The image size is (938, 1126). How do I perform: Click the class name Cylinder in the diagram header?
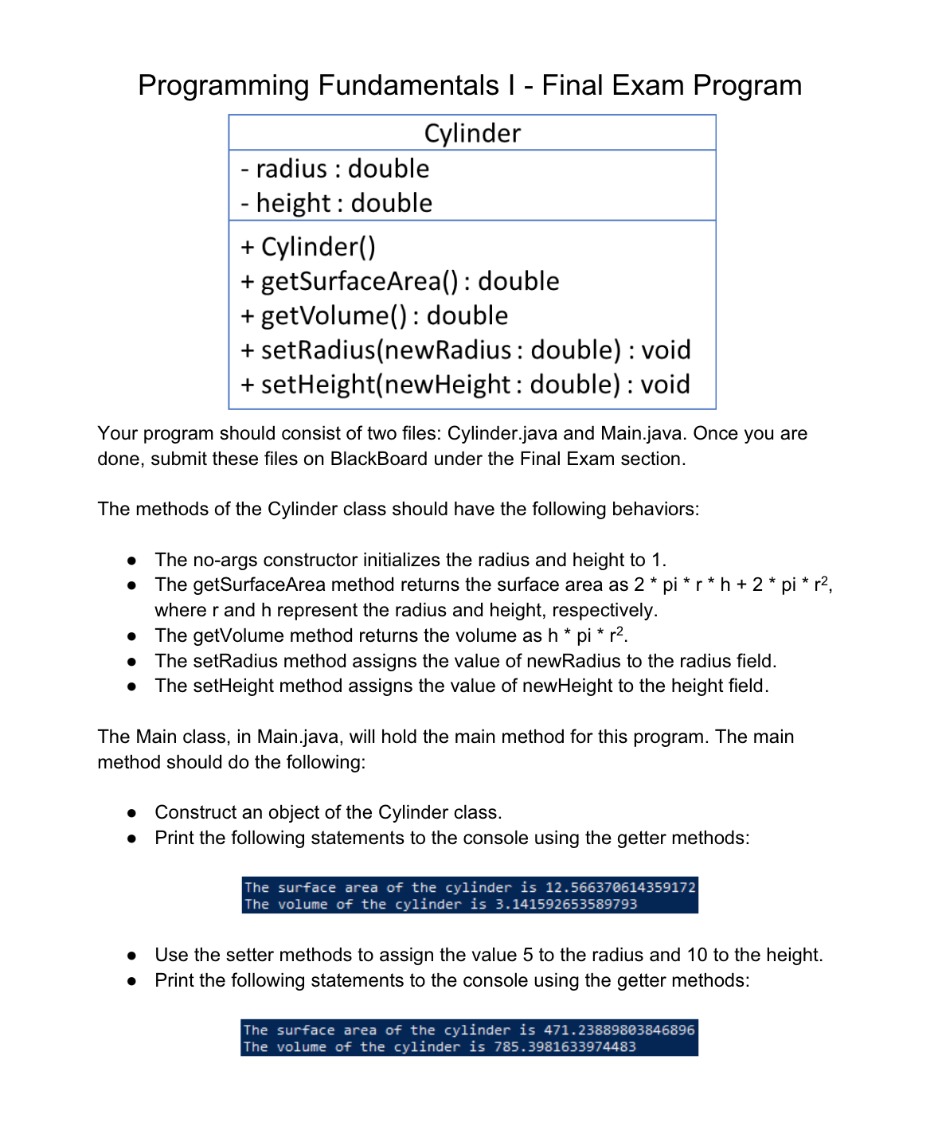coord(472,133)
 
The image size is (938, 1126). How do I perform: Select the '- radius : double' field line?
coord(334,169)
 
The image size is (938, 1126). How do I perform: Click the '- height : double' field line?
coord(336,203)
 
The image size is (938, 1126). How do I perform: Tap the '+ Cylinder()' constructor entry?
coord(307,247)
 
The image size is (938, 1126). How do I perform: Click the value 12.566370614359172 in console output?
coord(619,888)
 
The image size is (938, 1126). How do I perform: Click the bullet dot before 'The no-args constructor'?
coord(133,561)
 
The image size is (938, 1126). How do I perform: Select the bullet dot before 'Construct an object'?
coord(133,813)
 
